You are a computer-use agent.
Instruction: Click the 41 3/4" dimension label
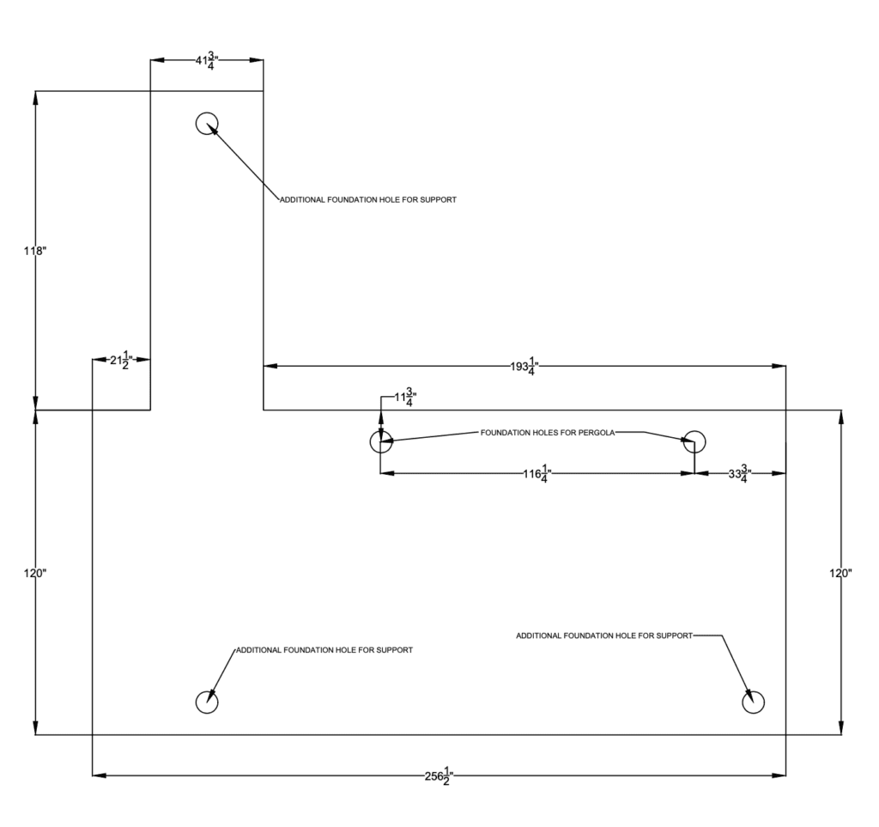pyautogui.click(x=206, y=61)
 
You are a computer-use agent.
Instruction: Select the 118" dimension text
pyautogui.click(x=34, y=251)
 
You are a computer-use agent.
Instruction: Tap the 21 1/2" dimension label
pyautogui.click(x=121, y=360)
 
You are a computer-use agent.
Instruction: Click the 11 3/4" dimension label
pyautogui.click(x=405, y=398)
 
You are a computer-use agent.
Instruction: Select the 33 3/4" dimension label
pyautogui.click(x=739, y=474)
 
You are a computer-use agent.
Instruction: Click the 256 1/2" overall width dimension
pyautogui.click(x=439, y=776)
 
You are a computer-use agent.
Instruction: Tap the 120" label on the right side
pyautogui.click(x=841, y=573)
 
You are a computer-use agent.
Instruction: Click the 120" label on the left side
pyautogui.click(x=34, y=573)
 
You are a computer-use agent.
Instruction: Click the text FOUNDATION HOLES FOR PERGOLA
pyautogui.click(x=548, y=433)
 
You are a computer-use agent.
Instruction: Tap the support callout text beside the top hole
pyautogui.click(x=368, y=199)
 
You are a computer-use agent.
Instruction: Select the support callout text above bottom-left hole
pyautogui.click(x=324, y=650)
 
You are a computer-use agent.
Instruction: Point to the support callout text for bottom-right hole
pyautogui.click(x=604, y=635)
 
